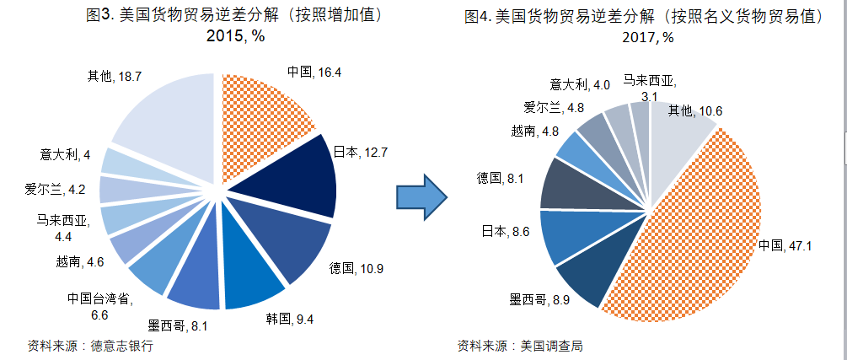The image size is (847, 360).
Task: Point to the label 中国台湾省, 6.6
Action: point(99,305)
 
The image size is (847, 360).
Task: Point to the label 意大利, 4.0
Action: point(580,84)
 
